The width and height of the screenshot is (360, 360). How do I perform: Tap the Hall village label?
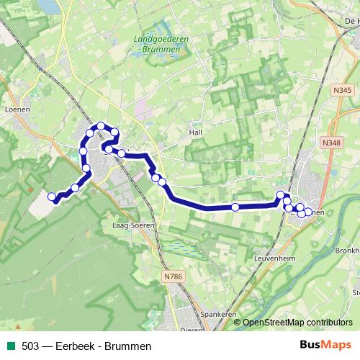[x=197, y=132]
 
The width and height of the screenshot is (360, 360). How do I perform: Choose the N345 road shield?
[x=342, y=89]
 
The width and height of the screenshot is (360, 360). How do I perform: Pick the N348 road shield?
[x=332, y=143]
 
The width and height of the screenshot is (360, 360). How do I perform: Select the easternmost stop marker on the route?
[x=309, y=212]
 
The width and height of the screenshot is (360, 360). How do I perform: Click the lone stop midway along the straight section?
[x=235, y=207]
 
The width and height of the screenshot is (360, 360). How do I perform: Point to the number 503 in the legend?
[x=30, y=346]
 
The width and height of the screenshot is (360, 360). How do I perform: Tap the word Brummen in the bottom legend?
[x=128, y=346]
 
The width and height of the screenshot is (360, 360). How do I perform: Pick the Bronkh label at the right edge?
[x=347, y=251]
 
